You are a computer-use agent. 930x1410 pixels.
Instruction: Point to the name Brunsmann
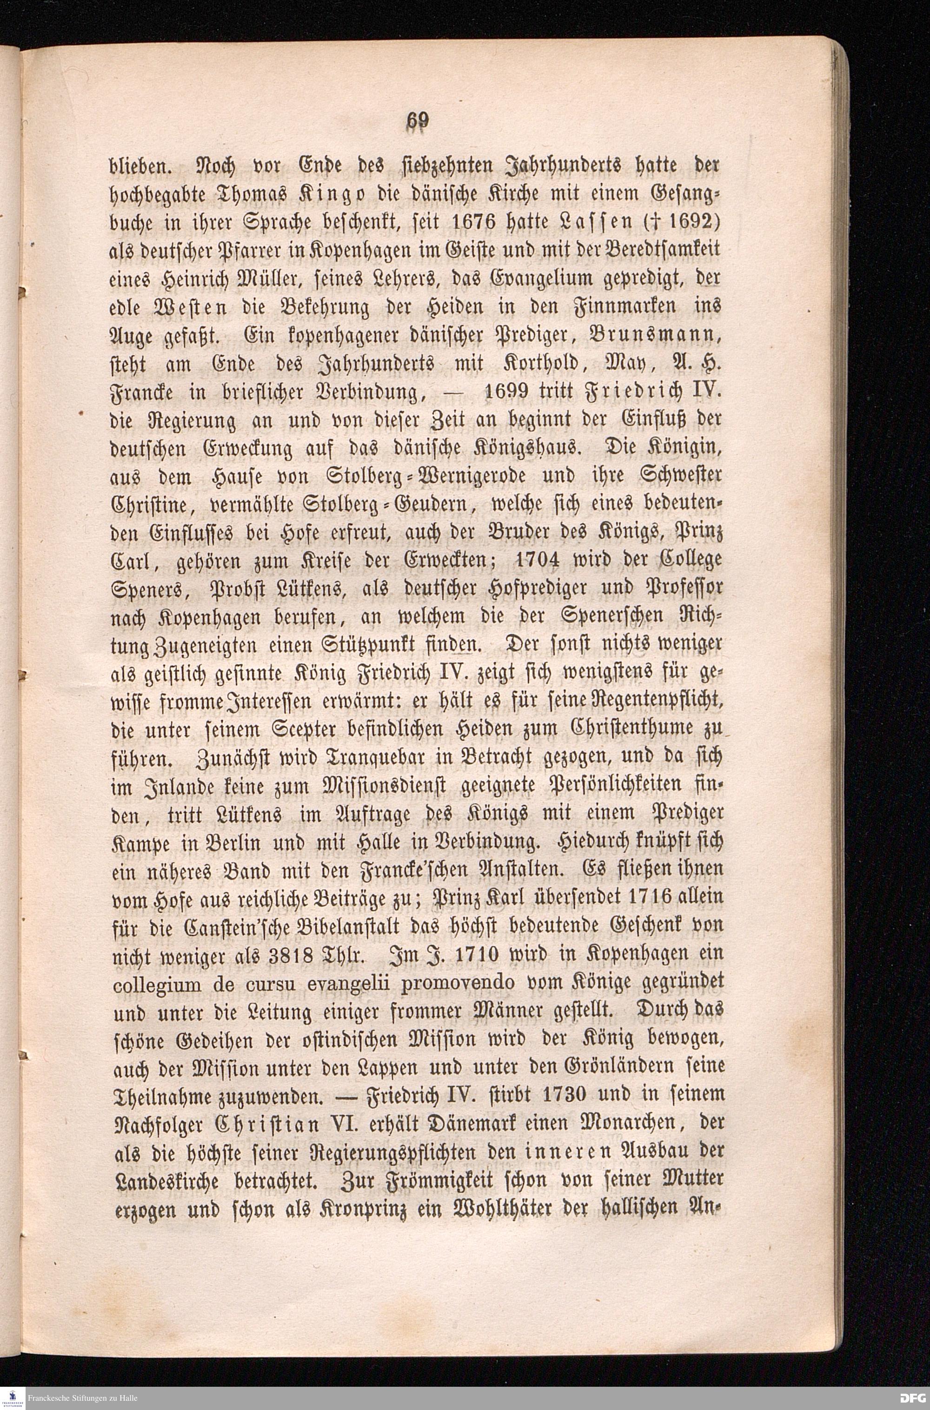(x=657, y=342)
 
